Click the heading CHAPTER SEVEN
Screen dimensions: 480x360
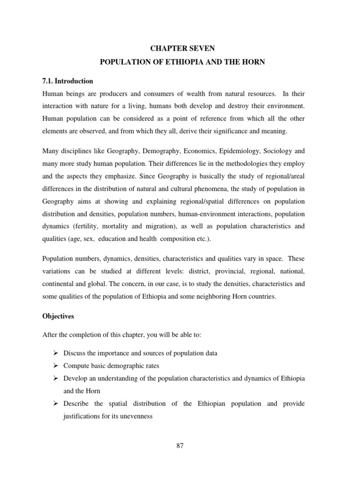coord(180,48)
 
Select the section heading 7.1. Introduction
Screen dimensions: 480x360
coord(67,81)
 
